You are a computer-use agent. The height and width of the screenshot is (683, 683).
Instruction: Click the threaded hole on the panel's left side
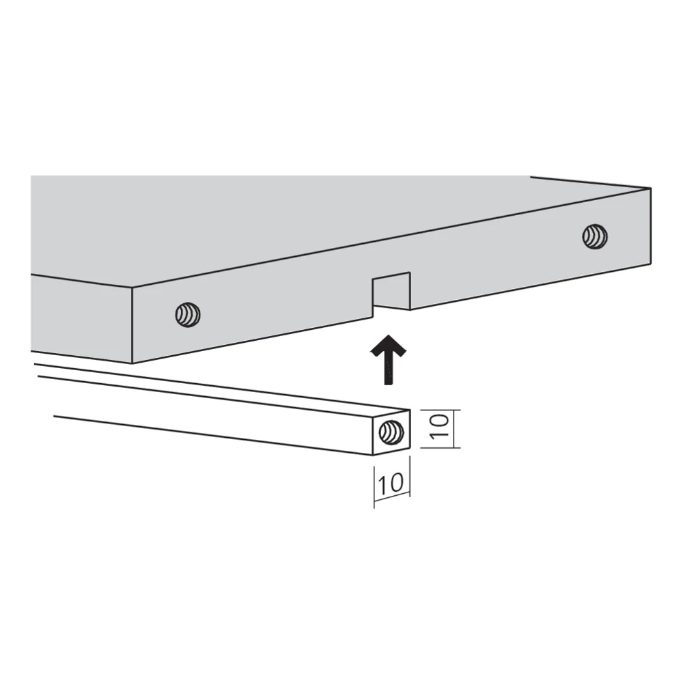188,314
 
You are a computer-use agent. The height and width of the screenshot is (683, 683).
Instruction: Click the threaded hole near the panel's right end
595,236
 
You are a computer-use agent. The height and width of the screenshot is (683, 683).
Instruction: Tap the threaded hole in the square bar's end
391,432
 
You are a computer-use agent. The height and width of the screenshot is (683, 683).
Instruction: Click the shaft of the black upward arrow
388,370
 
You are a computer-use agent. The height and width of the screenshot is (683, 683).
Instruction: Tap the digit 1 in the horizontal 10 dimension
382,484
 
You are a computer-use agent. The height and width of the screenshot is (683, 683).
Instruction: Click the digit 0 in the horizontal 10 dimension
396,483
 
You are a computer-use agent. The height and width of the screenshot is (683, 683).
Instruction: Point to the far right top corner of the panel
651,189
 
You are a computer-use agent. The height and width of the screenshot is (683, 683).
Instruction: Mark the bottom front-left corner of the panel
132,363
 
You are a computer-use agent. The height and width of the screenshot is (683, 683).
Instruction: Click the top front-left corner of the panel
132,288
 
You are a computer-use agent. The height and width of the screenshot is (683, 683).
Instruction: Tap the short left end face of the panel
81,319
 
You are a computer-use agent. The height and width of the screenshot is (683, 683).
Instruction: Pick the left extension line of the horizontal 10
374,487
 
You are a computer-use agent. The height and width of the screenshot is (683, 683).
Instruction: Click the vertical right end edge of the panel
651,226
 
